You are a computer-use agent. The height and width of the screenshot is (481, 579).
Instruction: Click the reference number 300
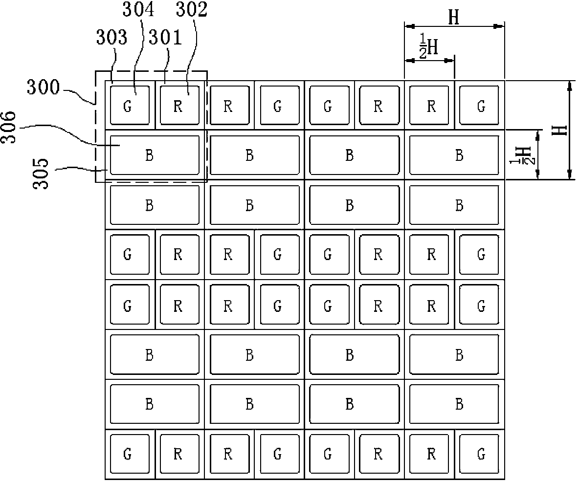click(x=43, y=87)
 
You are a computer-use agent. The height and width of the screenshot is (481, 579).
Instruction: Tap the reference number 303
click(x=111, y=37)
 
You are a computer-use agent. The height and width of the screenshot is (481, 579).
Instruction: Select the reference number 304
click(x=138, y=9)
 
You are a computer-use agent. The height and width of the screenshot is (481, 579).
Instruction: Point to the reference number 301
click(x=165, y=37)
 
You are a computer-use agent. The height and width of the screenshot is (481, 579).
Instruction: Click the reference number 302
click(x=192, y=9)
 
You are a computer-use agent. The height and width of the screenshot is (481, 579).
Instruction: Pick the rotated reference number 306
click(x=9, y=128)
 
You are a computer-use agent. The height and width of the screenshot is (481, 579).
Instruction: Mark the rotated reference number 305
click(x=41, y=174)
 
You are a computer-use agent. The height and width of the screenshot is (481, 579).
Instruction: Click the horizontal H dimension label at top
click(x=454, y=17)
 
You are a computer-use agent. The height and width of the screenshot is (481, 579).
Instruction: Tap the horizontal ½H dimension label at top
click(x=429, y=46)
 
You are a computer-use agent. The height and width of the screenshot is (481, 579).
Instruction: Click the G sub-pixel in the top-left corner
click(x=130, y=105)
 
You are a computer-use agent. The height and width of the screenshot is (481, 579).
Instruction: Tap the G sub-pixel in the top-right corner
click(x=479, y=105)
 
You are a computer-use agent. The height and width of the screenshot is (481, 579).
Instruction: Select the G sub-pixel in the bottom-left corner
click(x=130, y=454)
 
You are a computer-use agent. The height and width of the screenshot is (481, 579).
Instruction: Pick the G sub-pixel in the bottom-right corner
click(x=479, y=454)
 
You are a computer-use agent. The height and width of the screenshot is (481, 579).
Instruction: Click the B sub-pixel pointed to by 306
click(x=155, y=155)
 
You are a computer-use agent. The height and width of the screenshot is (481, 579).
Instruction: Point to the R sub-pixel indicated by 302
click(x=180, y=105)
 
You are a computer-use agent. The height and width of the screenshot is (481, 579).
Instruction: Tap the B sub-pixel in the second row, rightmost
click(x=454, y=155)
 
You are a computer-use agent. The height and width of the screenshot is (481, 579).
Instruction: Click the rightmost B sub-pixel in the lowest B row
click(x=454, y=404)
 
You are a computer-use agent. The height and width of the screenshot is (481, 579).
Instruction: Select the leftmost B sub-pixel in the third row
click(x=155, y=205)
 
